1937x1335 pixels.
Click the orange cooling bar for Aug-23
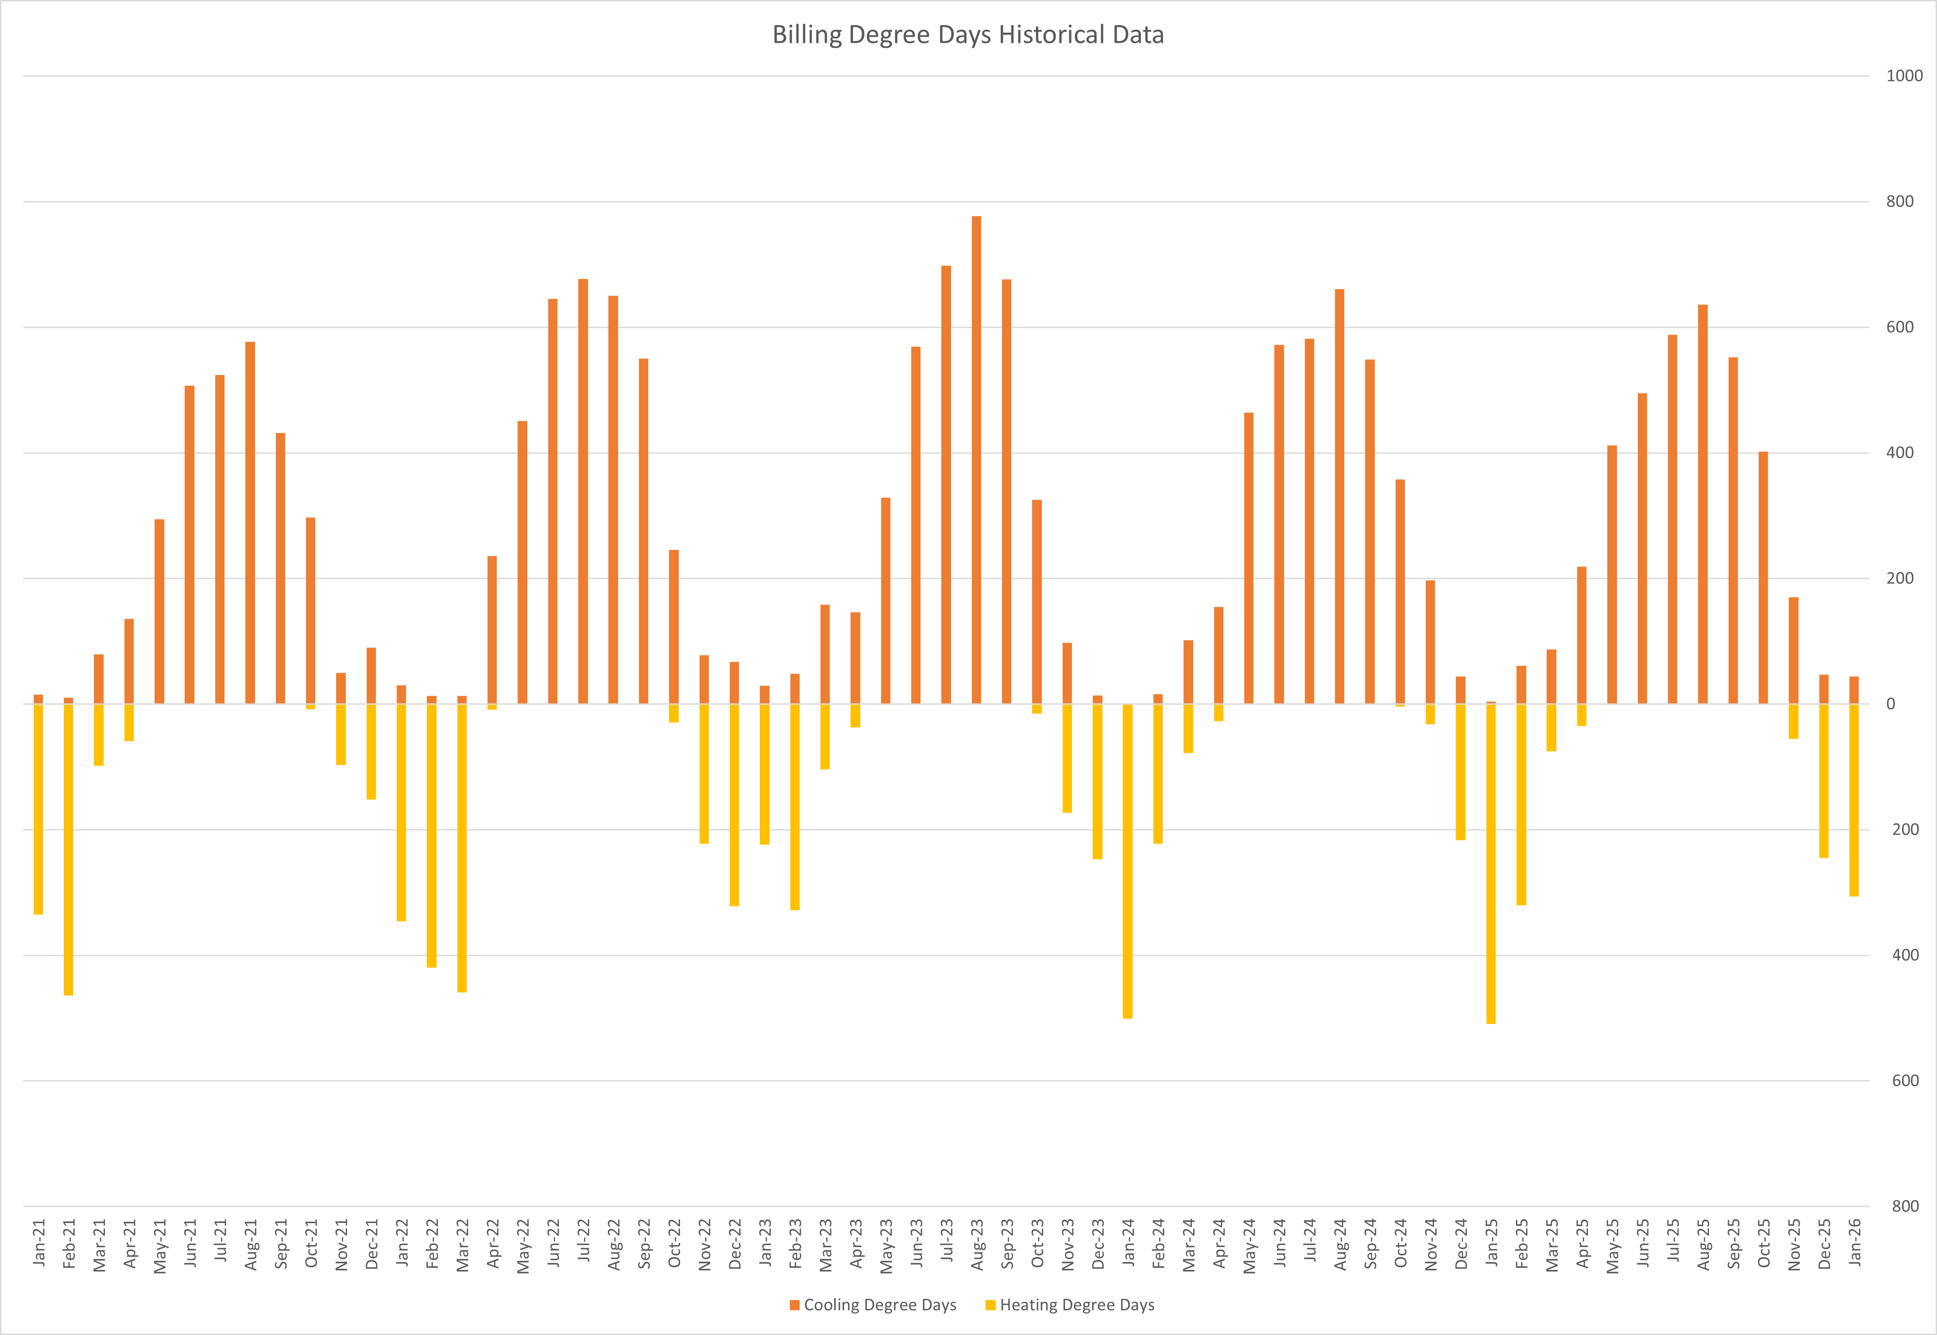pyautogui.click(x=976, y=460)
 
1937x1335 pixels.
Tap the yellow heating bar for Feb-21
pyautogui.click(x=69, y=849)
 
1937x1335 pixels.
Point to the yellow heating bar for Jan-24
pyautogui.click(x=1128, y=861)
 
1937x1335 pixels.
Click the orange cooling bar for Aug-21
pyautogui.click(x=250, y=523)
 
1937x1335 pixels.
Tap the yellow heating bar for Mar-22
pyautogui.click(x=462, y=847)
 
